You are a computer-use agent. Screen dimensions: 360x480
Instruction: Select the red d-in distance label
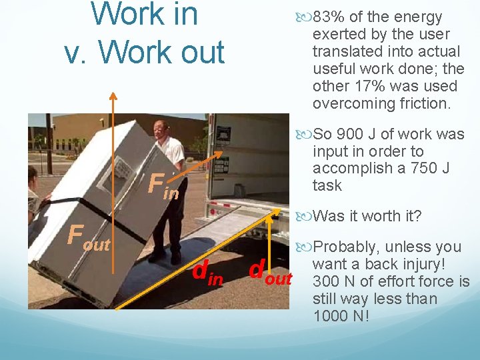(207, 273)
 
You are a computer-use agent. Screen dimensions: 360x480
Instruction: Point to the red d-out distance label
(270, 273)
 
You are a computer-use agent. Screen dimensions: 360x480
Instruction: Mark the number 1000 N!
(337, 316)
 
